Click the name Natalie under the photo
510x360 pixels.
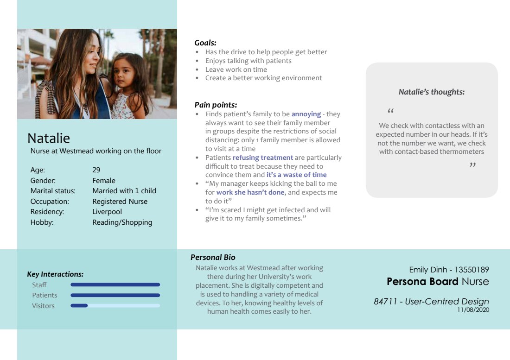[x=49, y=138]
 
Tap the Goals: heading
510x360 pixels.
[x=205, y=43]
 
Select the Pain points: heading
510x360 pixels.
[x=216, y=105]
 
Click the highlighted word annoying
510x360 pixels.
[x=306, y=114]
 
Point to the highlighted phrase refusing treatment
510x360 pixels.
[x=262, y=158]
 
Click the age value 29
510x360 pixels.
[x=96, y=170]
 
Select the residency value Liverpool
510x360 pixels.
[x=107, y=212]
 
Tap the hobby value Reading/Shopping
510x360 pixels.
[x=122, y=222]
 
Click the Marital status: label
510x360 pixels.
[x=53, y=191]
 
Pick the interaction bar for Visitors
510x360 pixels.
[x=115, y=306]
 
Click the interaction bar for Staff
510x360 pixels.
[x=115, y=285]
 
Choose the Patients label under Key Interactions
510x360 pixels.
[x=45, y=295]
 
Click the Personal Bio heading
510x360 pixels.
[x=213, y=257]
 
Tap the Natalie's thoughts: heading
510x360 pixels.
[x=432, y=92]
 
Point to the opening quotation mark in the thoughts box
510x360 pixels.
[x=390, y=112]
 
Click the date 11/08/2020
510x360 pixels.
[x=473, y=309]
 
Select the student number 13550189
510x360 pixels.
[x=472, y=270]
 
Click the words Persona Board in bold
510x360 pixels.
[x=422, y=281]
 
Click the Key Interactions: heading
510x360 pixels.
[x=55, y=274]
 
